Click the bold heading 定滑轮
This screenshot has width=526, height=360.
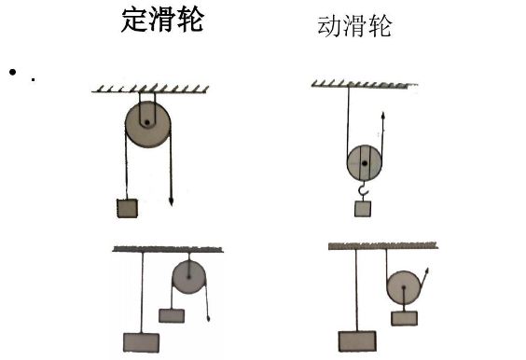pyautogui.click(x=162, y=21)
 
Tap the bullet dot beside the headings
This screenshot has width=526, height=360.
pyautogui.click(x=15, y=72)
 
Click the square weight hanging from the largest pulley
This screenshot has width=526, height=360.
pyautogui.click(x=123, y=209)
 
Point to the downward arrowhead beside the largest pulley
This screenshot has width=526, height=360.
pyautogui.click(x=172, y=199)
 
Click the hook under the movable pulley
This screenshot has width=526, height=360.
pyautogui.click(x=364, y=193)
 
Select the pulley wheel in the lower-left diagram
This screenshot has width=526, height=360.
pyautogui.click(x=189, y=277)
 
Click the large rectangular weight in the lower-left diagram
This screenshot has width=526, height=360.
pyautogui.click(x=142, y=341)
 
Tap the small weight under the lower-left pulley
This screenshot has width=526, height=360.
pyautogui.click(x=172, y=315)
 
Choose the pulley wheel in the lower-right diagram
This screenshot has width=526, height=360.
pyautogui.click(x=403, y=287)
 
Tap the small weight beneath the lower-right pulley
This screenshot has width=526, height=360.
pyautogui.click(x=404, y=317)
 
